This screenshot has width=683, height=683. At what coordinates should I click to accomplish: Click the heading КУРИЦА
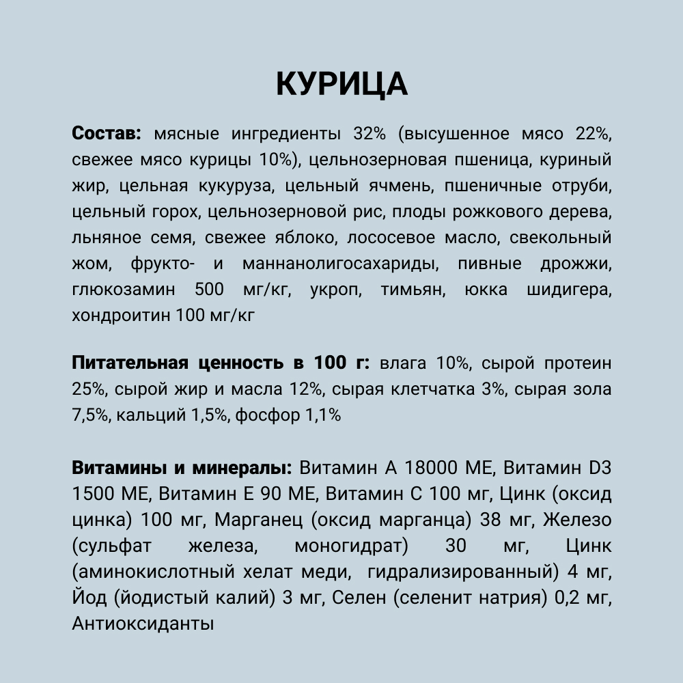click(x=341, y=84)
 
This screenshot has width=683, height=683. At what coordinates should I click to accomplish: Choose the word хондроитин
click(x=120, y=316)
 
